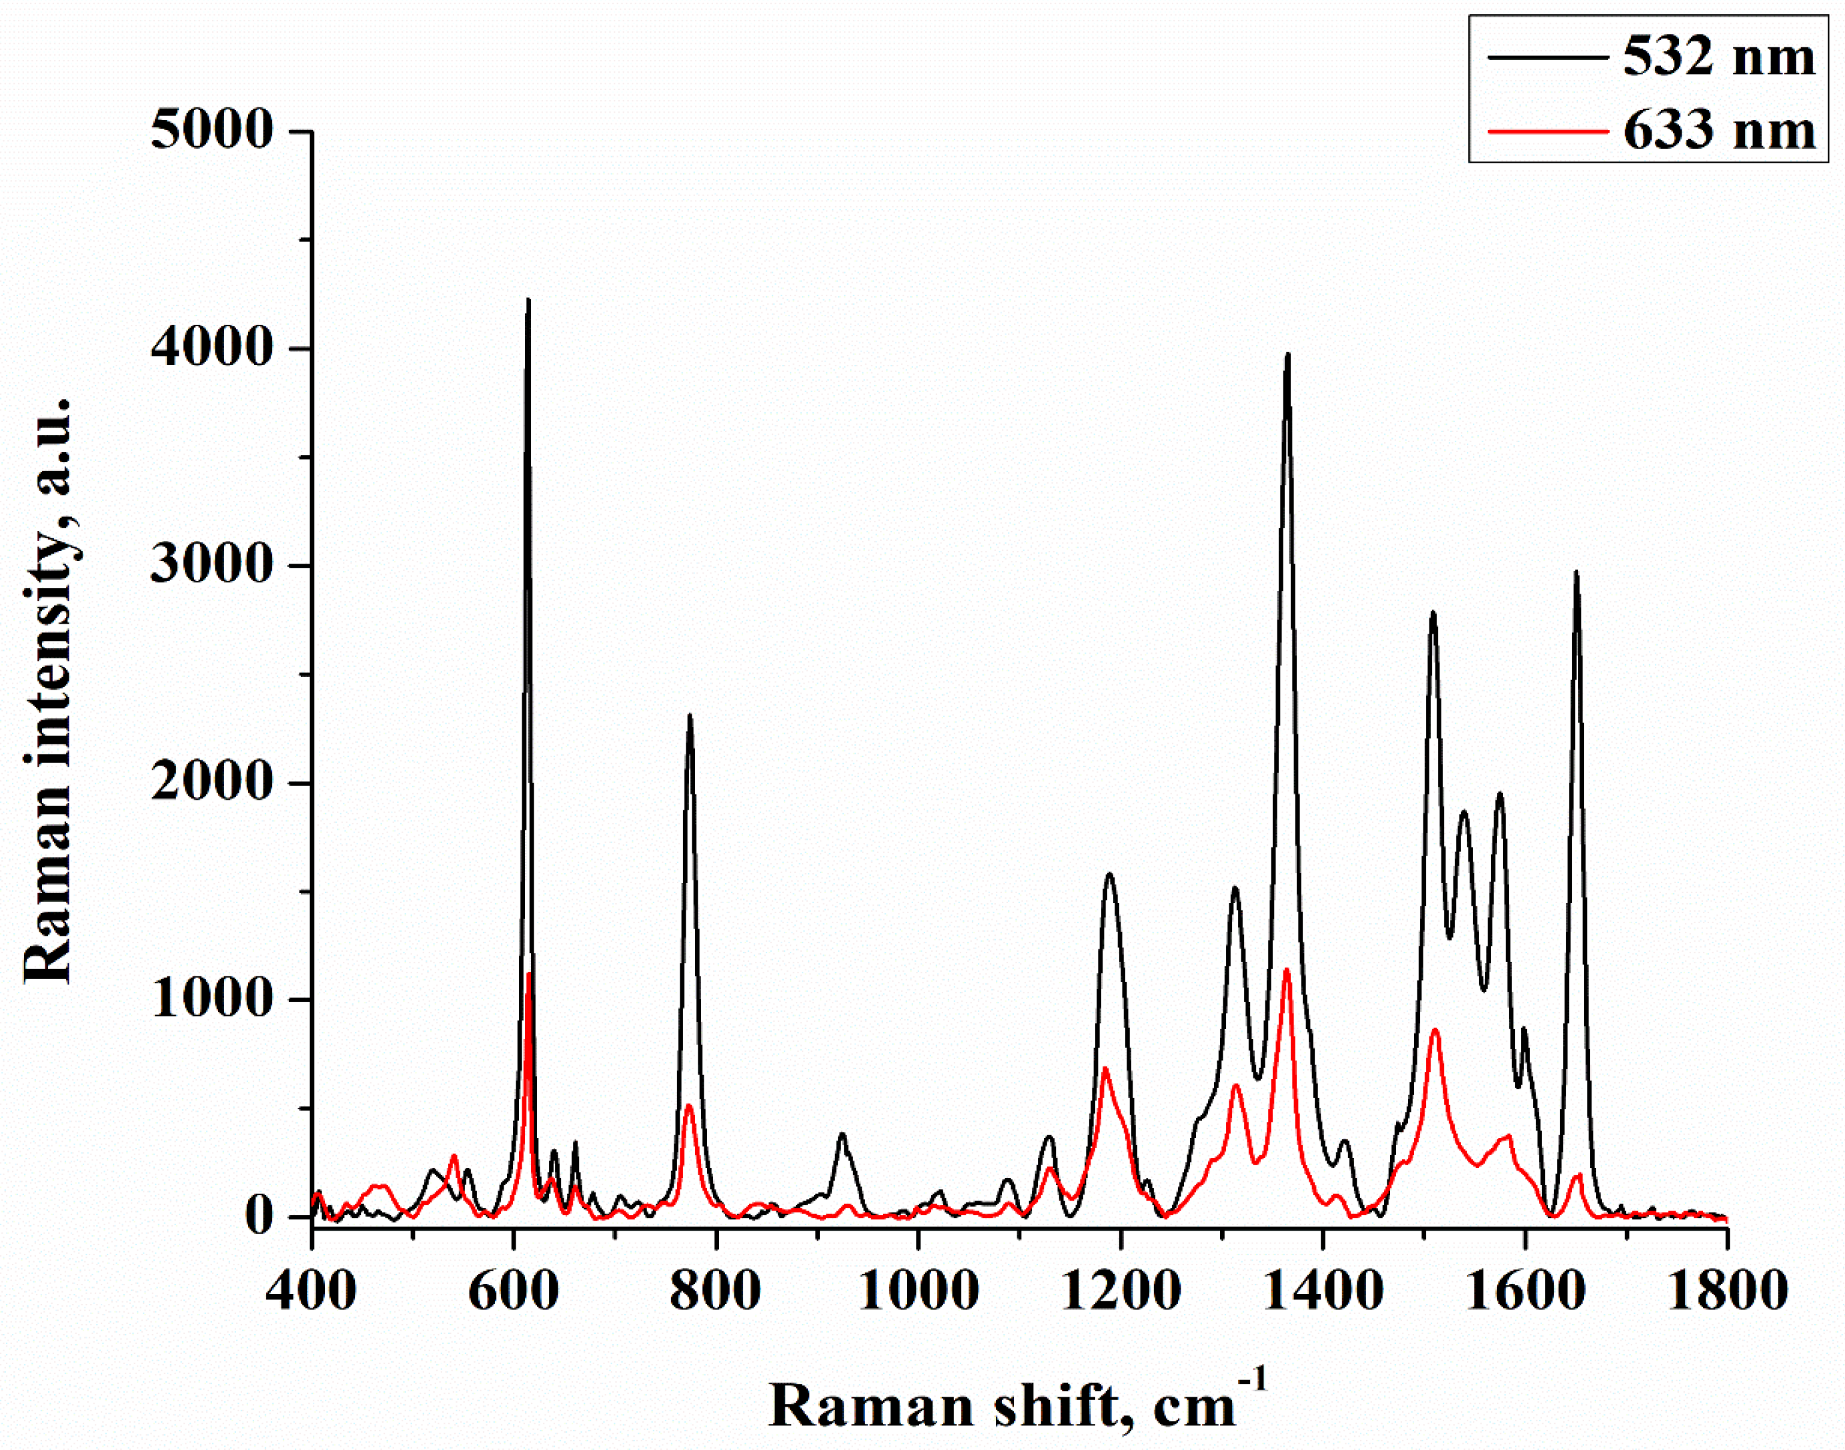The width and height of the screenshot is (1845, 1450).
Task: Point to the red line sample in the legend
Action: [x=1547, y=131]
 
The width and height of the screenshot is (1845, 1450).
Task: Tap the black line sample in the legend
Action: [x=1547, y=58]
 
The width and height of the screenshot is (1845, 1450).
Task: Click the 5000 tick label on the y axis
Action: [x=212, y=131]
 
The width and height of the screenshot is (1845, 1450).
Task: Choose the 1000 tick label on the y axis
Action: [x=212, y=999]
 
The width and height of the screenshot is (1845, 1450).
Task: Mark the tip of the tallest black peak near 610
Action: [x=528, y=299]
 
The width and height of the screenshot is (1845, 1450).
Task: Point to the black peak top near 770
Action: [x=690, y=716]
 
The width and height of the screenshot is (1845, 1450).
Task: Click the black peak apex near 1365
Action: [x=1288, y=355]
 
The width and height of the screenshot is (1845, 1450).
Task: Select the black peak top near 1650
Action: [x=1576, y=572]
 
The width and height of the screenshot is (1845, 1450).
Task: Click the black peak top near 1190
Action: [x=1109, y=874]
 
